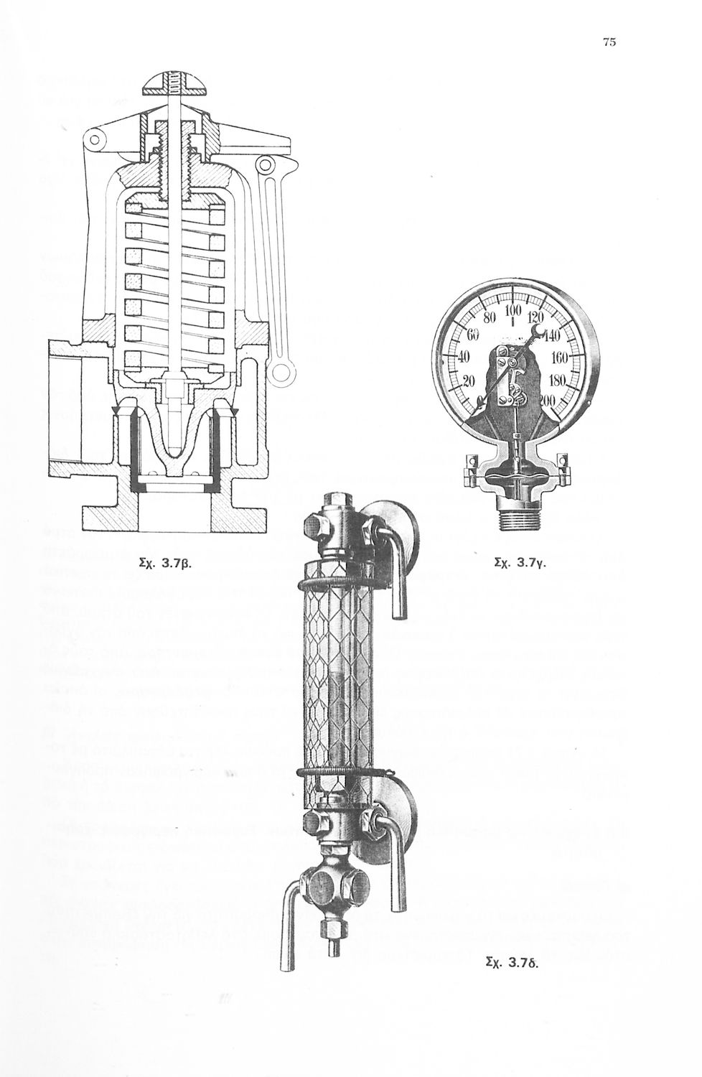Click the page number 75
[x=609, y=42]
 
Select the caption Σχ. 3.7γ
[x=522, y=564]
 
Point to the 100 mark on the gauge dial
[x=512, y=311]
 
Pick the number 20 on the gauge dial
[x=469, y=381]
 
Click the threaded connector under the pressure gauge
[x=516, y=517]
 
